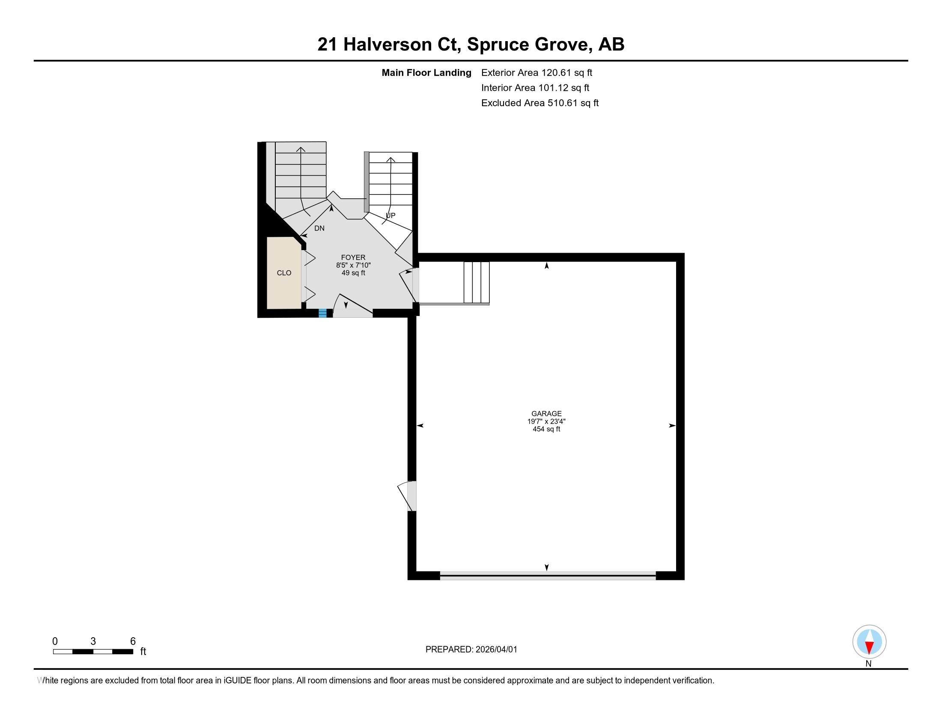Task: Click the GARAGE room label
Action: (x=546, y=414)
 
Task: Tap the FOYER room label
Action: (x=353, y=257)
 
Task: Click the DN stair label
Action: (x=319, y=229)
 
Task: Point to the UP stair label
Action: (x=391, y=215)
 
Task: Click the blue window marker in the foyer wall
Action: (x=322, y=313)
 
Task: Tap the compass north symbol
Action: (x=869, y=642)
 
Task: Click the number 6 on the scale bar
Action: (x=133, y=641)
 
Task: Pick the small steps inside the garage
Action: (x=476, y=282)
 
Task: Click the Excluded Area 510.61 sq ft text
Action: (x=540, y=103)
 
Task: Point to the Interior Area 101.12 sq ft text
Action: (x=535, y=88)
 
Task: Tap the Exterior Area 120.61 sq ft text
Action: (x=537, y=73)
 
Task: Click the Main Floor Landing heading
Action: (x=426, y=73)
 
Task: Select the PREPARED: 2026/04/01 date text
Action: (x=471, y=650)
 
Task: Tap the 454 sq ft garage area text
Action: (x=546, y=429)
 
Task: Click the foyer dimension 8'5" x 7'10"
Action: (x=353, y=265)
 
